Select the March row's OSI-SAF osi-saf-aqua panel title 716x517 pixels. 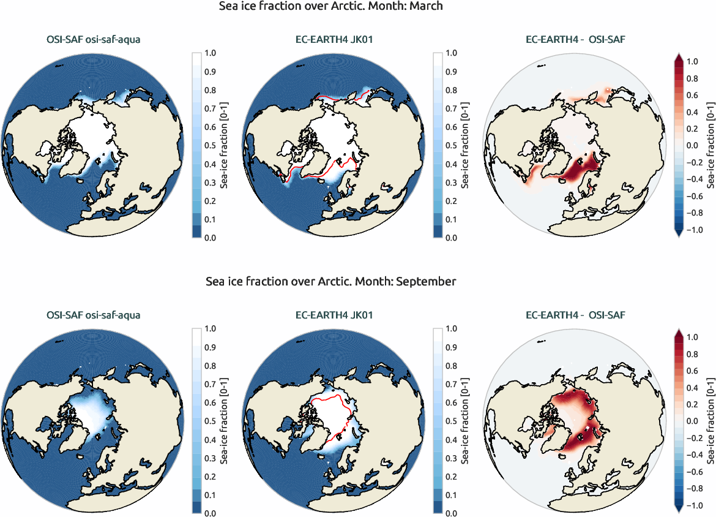93,40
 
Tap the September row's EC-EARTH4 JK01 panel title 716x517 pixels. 334,315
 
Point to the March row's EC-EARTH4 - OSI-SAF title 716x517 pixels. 575,40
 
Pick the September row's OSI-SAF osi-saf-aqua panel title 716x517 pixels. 93,315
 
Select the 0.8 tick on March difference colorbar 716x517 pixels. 692,78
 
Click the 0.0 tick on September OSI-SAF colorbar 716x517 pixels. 209,512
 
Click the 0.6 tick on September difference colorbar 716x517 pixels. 692,371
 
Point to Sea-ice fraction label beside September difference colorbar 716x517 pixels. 710,420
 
